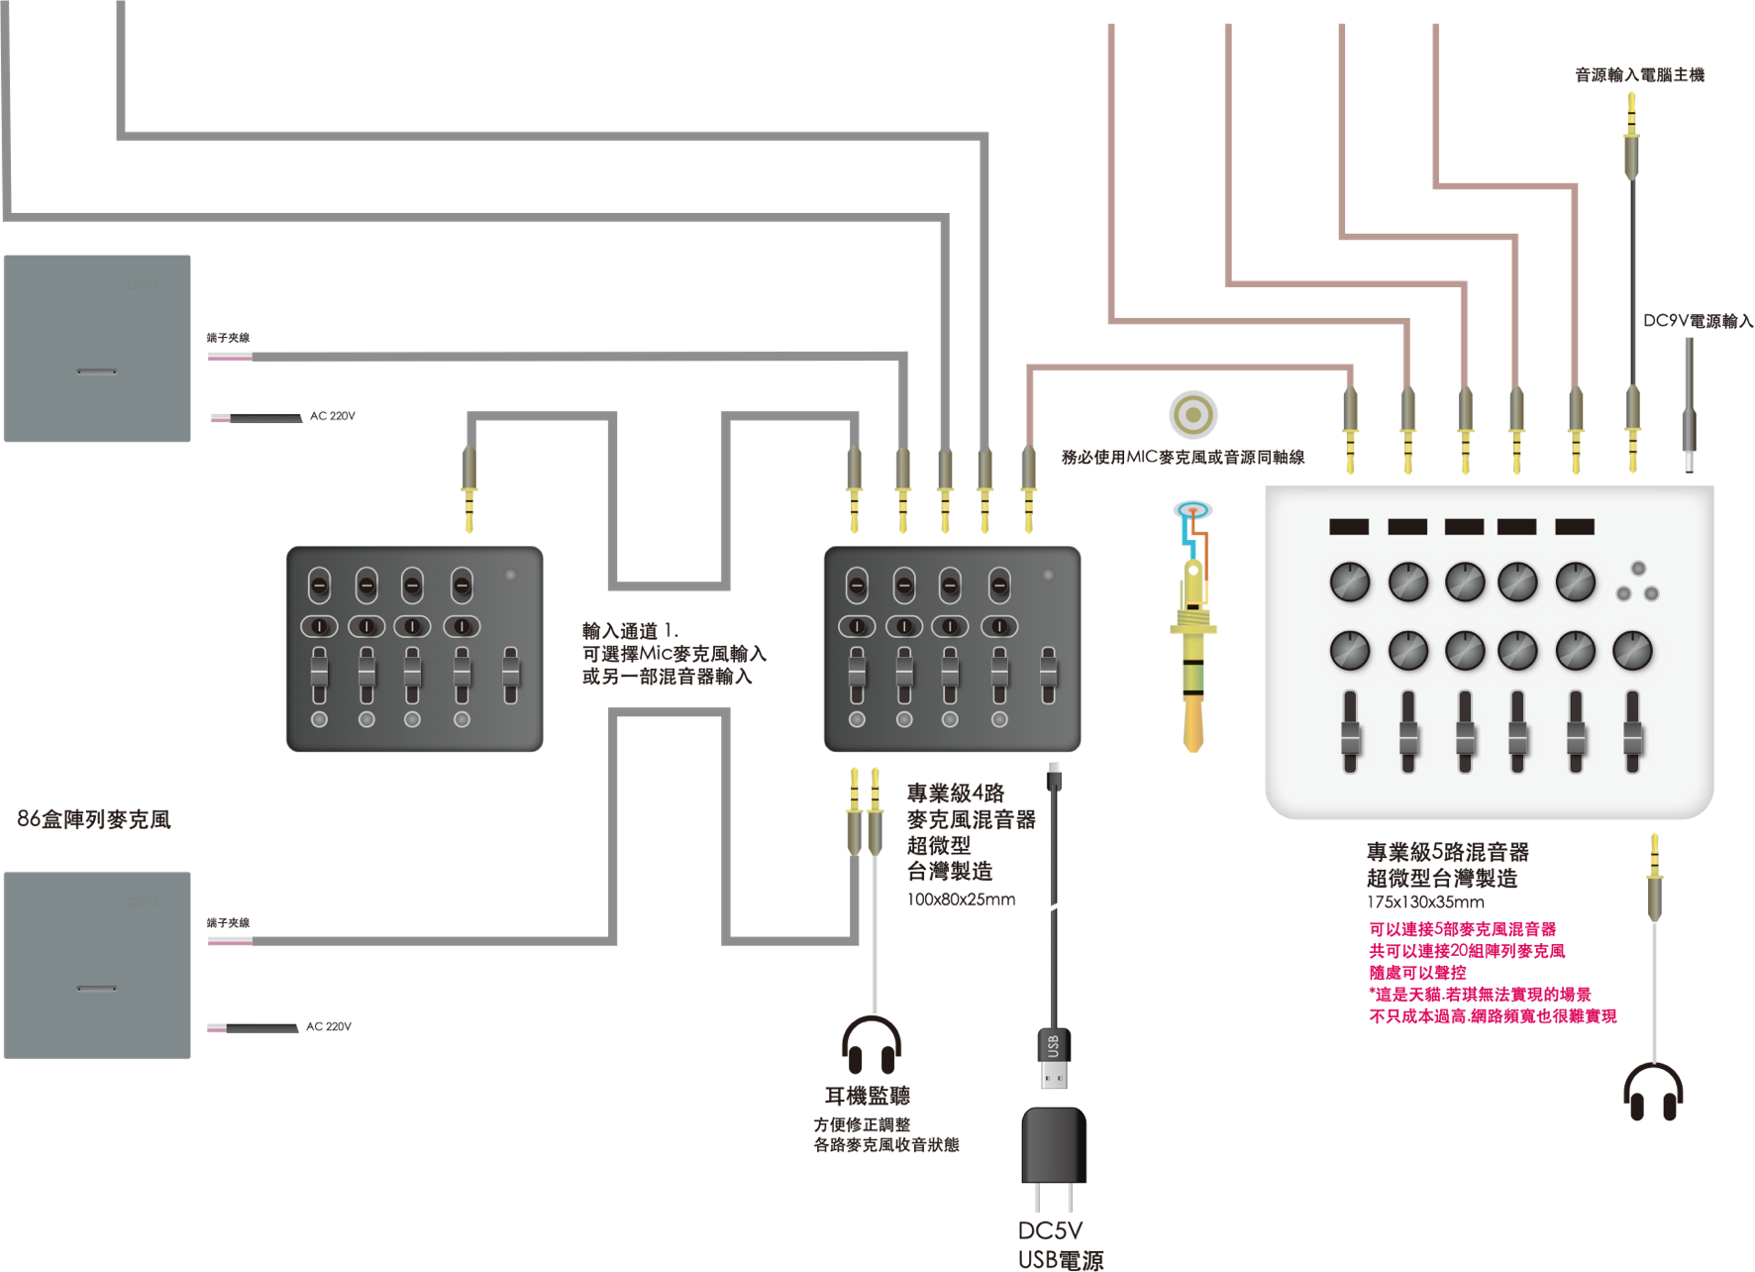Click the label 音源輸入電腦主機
(1639, 75)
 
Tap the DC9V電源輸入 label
(1698, 321)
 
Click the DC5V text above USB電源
(1050, 1230)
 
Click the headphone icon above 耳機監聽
(872, 1044)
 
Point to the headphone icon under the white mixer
(1653, 1092)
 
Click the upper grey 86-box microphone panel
(97, 349)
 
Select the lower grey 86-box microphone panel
(97, 965)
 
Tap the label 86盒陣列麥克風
(94, 819)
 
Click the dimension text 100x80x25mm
(961, 900)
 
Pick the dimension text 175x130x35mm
(1425, 902)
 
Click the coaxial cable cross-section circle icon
(1192, 414)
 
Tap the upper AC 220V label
(333, 416)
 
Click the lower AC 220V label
(329, 1026)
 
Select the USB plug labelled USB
(1054, 1058)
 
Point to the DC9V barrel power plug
(1690, 406)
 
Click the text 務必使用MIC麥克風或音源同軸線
(1183, 457)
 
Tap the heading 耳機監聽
(868, 1096)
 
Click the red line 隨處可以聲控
(1417, 973)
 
